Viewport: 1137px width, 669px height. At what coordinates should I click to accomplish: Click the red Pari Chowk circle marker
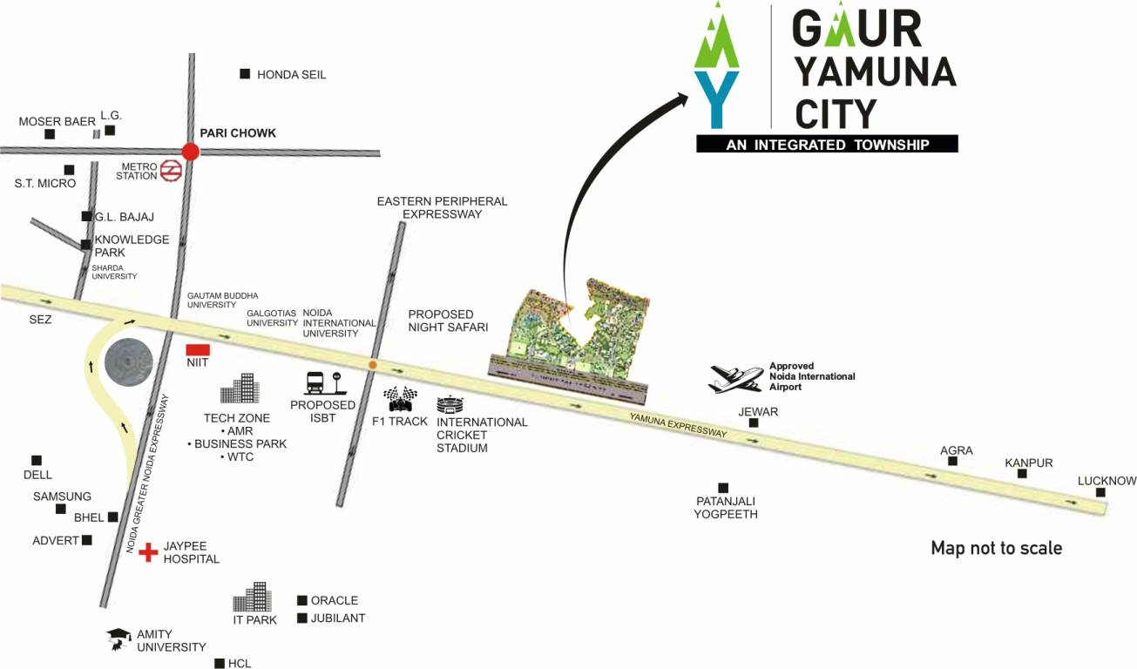[190, 152]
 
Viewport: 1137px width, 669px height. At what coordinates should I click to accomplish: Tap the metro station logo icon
[170, 171]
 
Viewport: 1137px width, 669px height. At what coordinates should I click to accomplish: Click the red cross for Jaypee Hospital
[149, 551]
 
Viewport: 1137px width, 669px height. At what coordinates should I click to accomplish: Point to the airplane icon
[736, 377]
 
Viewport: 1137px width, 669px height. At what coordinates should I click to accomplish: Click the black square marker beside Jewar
[754, 423]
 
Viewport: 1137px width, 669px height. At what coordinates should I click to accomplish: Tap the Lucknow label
[1107, 481]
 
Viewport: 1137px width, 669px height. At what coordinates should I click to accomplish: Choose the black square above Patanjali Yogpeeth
[722, 487]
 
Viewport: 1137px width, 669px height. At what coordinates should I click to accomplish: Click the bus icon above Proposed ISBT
[320, 384]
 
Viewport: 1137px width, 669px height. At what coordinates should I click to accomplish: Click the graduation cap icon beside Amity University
[118, 639]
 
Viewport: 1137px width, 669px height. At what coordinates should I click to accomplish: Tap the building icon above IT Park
[253, 598]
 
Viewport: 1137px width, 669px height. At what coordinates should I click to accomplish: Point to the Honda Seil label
[291, 75]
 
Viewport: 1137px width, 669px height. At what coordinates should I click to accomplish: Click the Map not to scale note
[996, 548]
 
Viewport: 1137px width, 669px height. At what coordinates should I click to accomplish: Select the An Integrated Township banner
[827, 145]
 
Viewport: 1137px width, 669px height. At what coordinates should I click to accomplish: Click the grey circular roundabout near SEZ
[127, 360]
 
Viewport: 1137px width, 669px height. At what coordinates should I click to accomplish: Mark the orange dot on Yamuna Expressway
[373, 364]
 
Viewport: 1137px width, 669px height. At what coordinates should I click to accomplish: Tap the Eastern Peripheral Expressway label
[442, 207]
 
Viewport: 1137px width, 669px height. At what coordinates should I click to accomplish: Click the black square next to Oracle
[302, 600]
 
